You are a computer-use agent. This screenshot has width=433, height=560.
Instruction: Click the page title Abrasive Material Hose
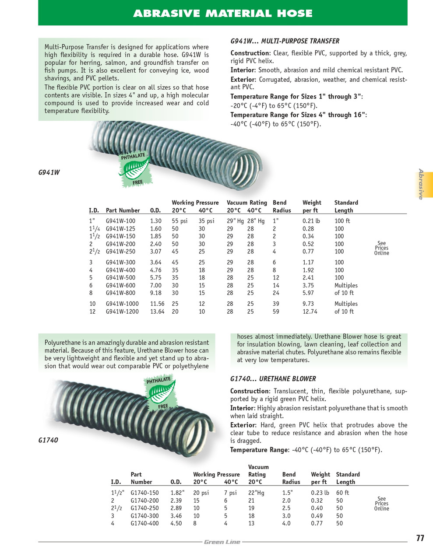tap(222, 14)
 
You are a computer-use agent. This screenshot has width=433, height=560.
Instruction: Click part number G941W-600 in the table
tap(120, 285)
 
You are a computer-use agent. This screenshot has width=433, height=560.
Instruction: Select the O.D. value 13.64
tap(157, 311)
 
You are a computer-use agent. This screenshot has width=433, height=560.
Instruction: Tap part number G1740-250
tap(144, 508)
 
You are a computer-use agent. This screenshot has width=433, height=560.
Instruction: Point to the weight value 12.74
tap(310, 311)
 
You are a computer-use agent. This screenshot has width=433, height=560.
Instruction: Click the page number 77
tap(420, 539)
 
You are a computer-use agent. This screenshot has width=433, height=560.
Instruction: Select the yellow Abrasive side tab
tap(423, 185)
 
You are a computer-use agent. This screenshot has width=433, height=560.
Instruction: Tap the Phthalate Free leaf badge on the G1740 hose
tap(160, 393)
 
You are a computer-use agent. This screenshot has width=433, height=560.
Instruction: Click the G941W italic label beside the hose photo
tap(49, 172)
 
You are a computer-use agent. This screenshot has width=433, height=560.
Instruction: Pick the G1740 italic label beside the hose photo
tap(48, 440)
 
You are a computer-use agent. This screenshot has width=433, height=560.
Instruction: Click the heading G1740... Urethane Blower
tap(273, 379)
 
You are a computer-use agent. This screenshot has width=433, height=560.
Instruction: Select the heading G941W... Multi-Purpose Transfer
tap(285, 41)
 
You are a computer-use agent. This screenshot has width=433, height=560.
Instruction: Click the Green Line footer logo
tap(222, 542)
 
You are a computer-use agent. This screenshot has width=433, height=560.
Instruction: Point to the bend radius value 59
tap(276, 311)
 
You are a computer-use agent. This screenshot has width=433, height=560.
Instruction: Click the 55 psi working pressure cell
tap(180, 221)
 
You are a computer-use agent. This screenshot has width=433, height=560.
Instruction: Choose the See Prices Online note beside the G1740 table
tap(381, 504)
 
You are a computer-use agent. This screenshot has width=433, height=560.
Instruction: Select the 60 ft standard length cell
tap(342, 493)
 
